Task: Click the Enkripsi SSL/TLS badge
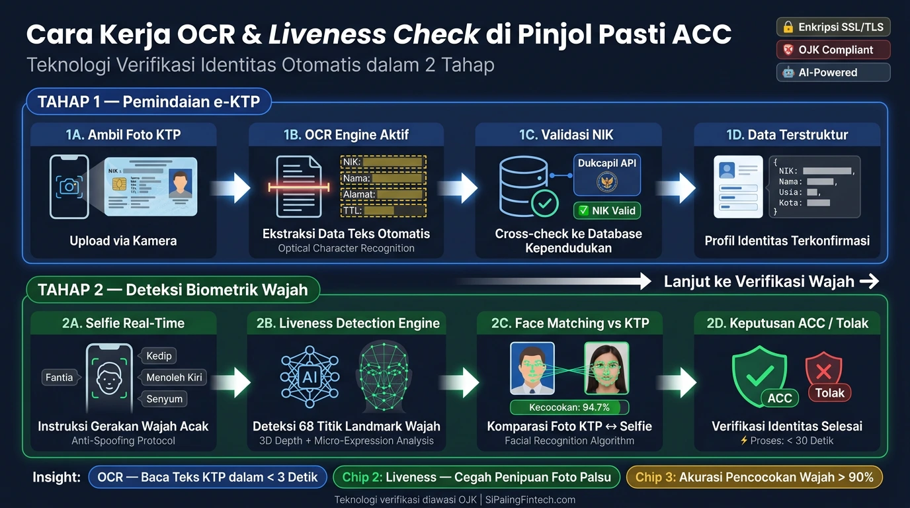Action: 833,27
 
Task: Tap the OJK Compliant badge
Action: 833,50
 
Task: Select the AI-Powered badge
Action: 833,72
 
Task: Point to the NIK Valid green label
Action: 606,211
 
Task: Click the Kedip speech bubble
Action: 158,356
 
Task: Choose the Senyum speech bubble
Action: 164,400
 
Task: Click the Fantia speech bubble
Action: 59,378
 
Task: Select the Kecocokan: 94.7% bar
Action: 569,407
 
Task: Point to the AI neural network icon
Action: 309,377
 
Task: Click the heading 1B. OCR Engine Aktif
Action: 346,135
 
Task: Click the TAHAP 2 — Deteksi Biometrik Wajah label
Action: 173,290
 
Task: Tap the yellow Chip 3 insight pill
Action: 754,477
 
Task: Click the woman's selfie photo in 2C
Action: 606,368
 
